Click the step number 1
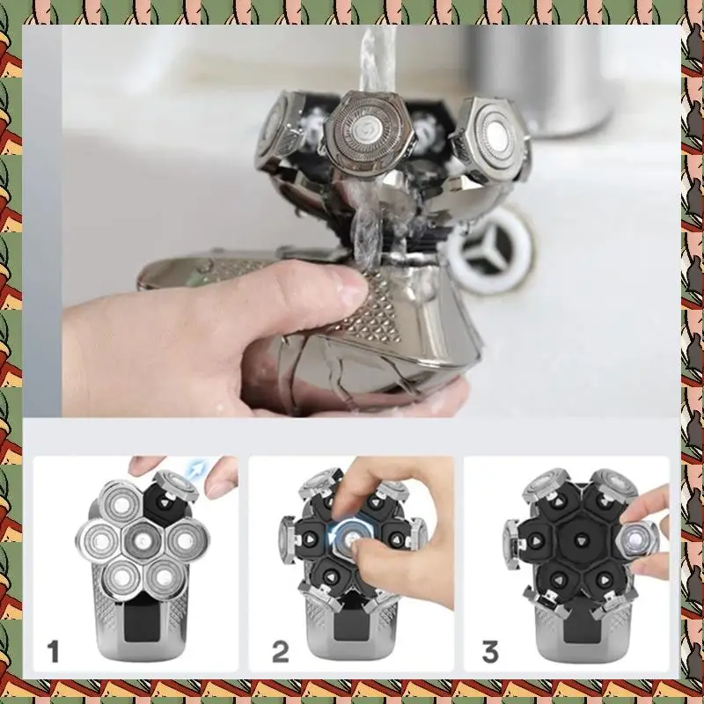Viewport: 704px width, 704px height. point(54,652)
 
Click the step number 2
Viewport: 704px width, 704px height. point(281,652)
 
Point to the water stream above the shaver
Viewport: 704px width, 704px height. point(379,53)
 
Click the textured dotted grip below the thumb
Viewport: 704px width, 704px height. point(387,308)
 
